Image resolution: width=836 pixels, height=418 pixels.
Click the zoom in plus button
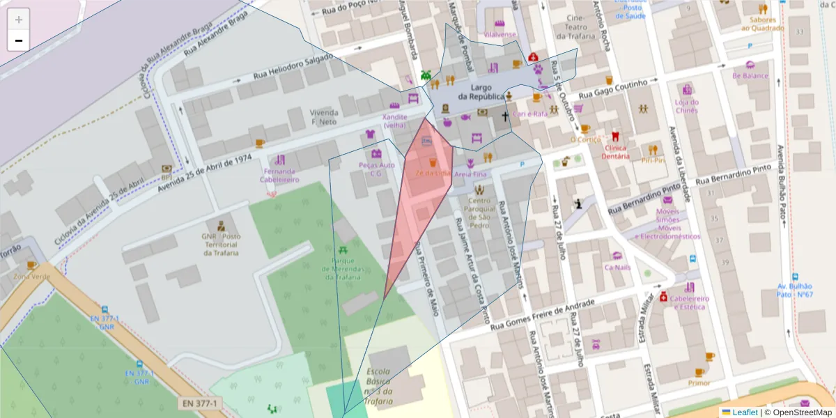pyautogui.click(x=19, y=20)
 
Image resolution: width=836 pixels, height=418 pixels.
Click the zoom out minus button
pyautogui.click(x=19, y=40)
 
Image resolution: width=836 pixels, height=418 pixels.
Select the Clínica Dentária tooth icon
pyautogui.click(x=615, y=137)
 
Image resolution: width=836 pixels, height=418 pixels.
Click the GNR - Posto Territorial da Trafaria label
pyautogui.click(x=222, y=245)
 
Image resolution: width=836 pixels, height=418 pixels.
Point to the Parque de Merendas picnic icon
pyautogui.click(x=342, y=249)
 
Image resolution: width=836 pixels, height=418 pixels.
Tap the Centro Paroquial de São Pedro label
pyautogui.click(x=479, y=213)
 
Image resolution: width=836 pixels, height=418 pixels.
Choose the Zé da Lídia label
pyautogui.click(x=433, y=173)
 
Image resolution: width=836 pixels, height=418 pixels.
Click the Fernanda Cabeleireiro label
pyautogui.click(x=279, y=175)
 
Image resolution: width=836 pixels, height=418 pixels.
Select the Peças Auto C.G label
pyautogui.click(x=376, y=169)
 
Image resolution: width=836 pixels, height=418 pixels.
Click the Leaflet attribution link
pyautogui.click(x=745, y=412)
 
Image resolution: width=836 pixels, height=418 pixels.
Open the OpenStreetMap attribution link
pyautogui.click(x=798, y=412)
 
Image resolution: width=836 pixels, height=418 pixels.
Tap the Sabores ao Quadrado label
pyautogui.click(x=762, y=24)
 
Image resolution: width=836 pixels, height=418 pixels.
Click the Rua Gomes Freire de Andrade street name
pyautogui.click(x=543, y=316)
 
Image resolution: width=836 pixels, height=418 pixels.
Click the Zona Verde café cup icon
pyautogui.click(x=31, y=265)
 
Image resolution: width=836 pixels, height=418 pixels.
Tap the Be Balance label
pyautogui.click(x=750, y=75)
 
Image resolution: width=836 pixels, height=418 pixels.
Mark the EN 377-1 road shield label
pyautogui.click(x=200, y=403)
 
